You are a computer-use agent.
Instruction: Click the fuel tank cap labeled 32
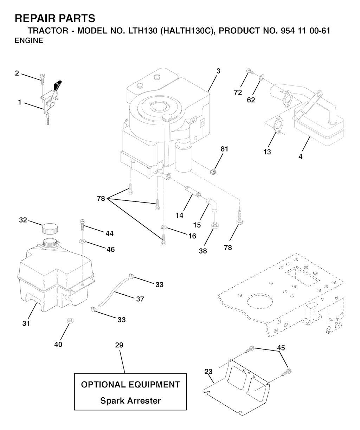coord(49,229)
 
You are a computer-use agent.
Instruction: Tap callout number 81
coord(224,149)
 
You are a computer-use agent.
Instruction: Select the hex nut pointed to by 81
coord(212,172)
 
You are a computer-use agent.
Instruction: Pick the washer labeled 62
coord(261,77)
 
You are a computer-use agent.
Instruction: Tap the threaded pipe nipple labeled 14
coord(193,193)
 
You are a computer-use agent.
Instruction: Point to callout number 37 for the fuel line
coord(140,299)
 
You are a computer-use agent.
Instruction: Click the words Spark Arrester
coord(130,400)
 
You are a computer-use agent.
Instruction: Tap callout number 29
coord(119,345)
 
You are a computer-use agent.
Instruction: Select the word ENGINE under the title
coord(29,40)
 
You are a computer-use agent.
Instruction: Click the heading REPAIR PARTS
coord(55,18)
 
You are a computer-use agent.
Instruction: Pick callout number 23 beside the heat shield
coord(208,371)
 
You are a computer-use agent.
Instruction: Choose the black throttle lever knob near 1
coord(58,85)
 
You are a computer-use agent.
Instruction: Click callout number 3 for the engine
coord(218,71)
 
